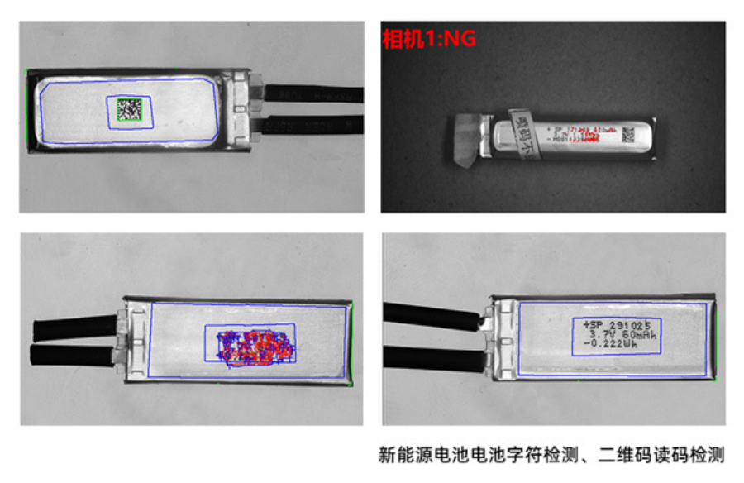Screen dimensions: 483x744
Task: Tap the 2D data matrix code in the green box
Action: point(130,109)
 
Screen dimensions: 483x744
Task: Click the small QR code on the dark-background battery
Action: point(627,135)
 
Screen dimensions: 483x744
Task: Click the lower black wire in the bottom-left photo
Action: point(70,356)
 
